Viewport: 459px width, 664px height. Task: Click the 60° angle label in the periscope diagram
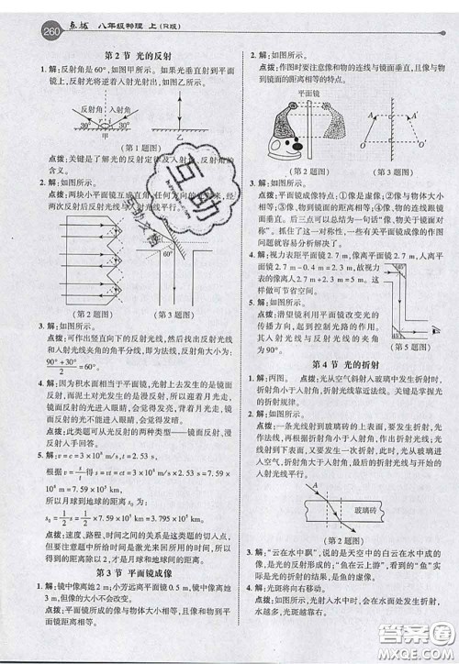tap(167, 256)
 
